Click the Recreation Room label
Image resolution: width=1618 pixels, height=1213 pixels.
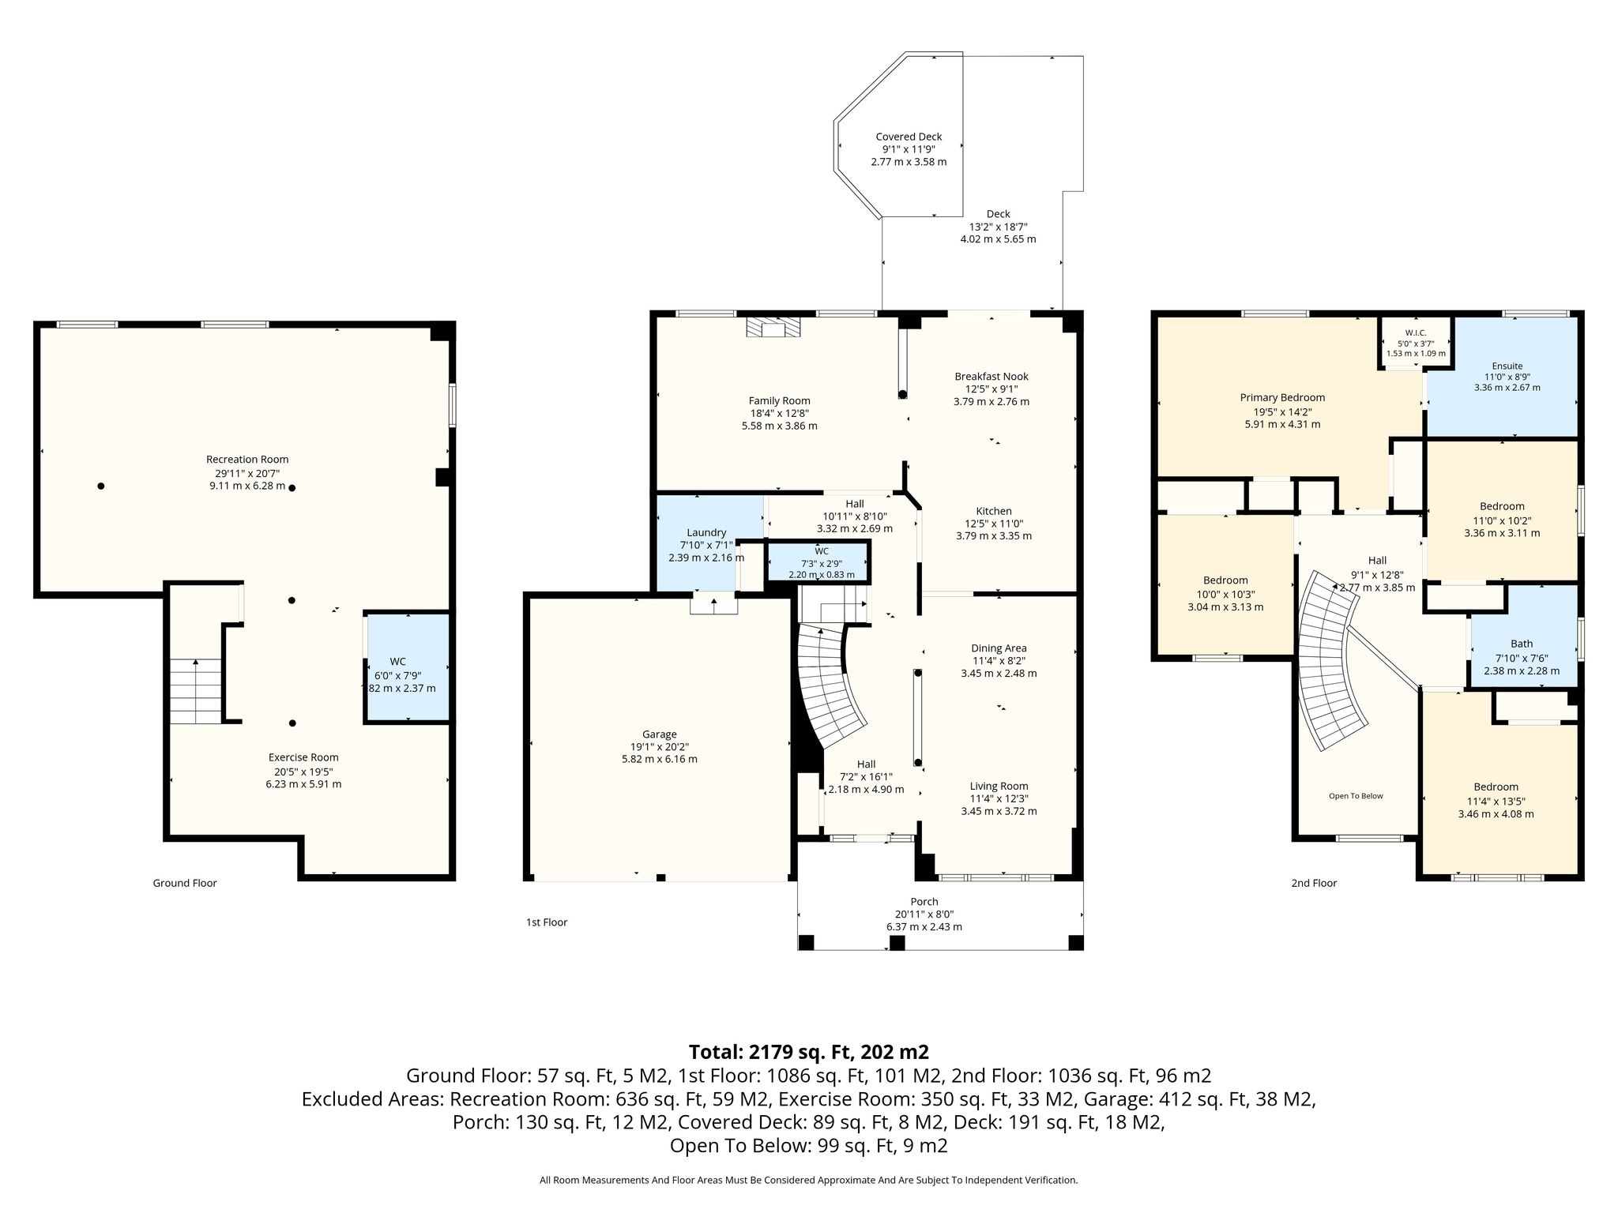click(x=247, y=460)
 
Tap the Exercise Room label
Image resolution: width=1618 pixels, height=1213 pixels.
click(x=303, y=757)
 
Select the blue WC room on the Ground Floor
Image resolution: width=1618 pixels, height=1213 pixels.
click(x=407, y=667)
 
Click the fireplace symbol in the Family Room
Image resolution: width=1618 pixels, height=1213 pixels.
click(x=773, y=327)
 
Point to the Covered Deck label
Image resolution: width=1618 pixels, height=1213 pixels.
click(x=909, y=137)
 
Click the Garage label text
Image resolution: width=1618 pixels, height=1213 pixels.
click(x=659, y=734)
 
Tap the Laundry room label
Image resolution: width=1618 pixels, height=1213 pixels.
click(x=706, y=532)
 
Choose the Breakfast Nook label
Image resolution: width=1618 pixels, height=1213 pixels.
click(x=991, y=377)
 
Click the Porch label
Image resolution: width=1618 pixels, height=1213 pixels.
click(x=924, y=902)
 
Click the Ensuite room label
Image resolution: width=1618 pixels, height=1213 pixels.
click(x=1507, y=366)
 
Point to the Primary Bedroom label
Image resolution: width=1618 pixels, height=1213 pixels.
click(x=1282, y=398)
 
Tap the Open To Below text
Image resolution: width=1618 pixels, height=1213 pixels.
click(x=1356, y=796)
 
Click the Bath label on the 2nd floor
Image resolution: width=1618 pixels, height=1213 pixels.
click(x=1522, y=644)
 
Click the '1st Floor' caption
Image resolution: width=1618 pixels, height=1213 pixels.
click(x=547, y=922)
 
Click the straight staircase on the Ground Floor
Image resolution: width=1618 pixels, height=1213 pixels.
click(x=196, y=692)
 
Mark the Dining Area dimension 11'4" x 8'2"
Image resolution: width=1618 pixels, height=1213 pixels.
click(x=999, y=661)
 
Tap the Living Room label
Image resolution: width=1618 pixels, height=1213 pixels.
click(x=999, y=786)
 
